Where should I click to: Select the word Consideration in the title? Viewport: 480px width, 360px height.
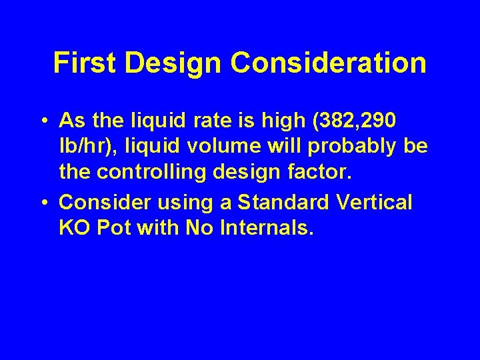point(329,63)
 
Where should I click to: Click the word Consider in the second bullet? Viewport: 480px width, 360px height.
point(104,202)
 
